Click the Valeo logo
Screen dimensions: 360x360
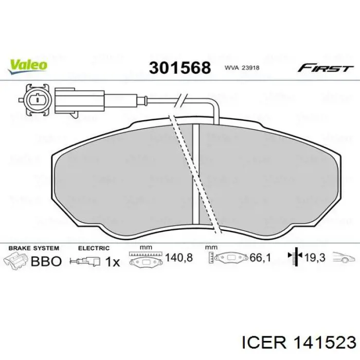(x=27, y=65)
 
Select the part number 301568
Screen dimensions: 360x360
(x=179, y=68)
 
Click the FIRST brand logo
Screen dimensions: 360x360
(x=325, y=68)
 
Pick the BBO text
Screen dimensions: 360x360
(x=46, y=261)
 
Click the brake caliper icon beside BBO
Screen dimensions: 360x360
(x=15, y=260)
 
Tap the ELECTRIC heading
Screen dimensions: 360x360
(x=94, y=248)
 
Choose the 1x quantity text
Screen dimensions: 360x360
(x=112, y=262)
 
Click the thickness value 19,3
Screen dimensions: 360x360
(x=315, y=258)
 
